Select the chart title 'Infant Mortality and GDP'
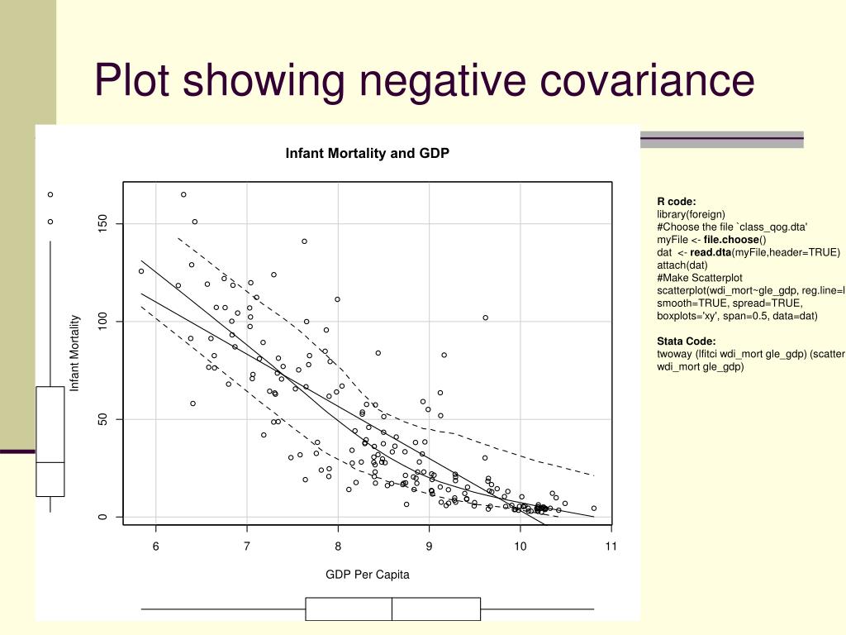tap(367, 154)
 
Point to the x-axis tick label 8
tap(338, 546)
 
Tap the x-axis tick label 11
tap(611, 546)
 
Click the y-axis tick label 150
tap(103, 224)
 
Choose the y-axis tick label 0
tap(103, 518)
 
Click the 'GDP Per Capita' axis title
tap(367, 575)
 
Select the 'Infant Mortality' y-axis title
tap(74, 353)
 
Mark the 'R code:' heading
tap(677, 201)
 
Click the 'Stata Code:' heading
tap(686, 341)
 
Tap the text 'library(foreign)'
tap(691, 213)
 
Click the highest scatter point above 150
tap(183, 194)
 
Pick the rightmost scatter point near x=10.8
tap(593, 508)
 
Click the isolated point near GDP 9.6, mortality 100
tap(486, 317)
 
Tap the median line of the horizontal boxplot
tap(392, 609)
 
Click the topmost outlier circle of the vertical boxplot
tap(50, 194)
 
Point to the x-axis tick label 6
tap(155, 546)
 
